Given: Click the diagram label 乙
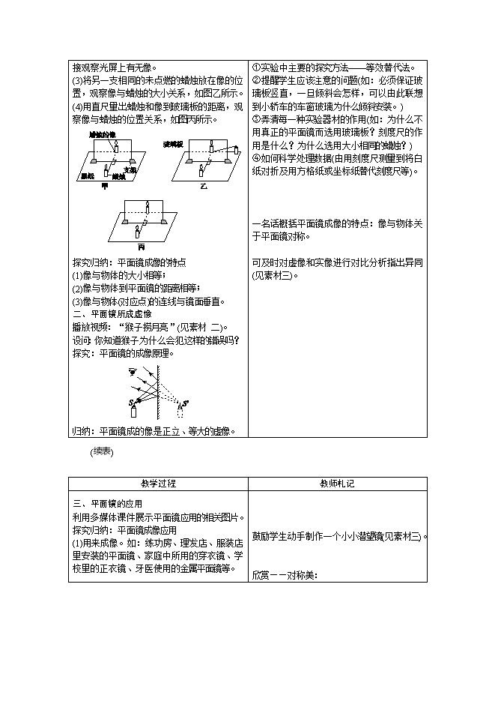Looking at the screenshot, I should pyautogui.click(x=202, y=184).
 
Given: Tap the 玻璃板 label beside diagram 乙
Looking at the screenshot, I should pyautogui.click(x=174, y=143).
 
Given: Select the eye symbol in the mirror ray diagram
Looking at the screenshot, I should pyautogui.click(x=133, y=372).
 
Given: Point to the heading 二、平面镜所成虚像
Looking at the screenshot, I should pyautogui.click(x=112, y=314).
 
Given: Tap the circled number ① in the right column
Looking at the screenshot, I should pyautogui.click(x=256, y=67).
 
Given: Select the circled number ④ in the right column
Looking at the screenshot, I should pyautogui.click(x=256, y=157).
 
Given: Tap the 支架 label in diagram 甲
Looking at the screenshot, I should pyautogui.click(x=130, y=169).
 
